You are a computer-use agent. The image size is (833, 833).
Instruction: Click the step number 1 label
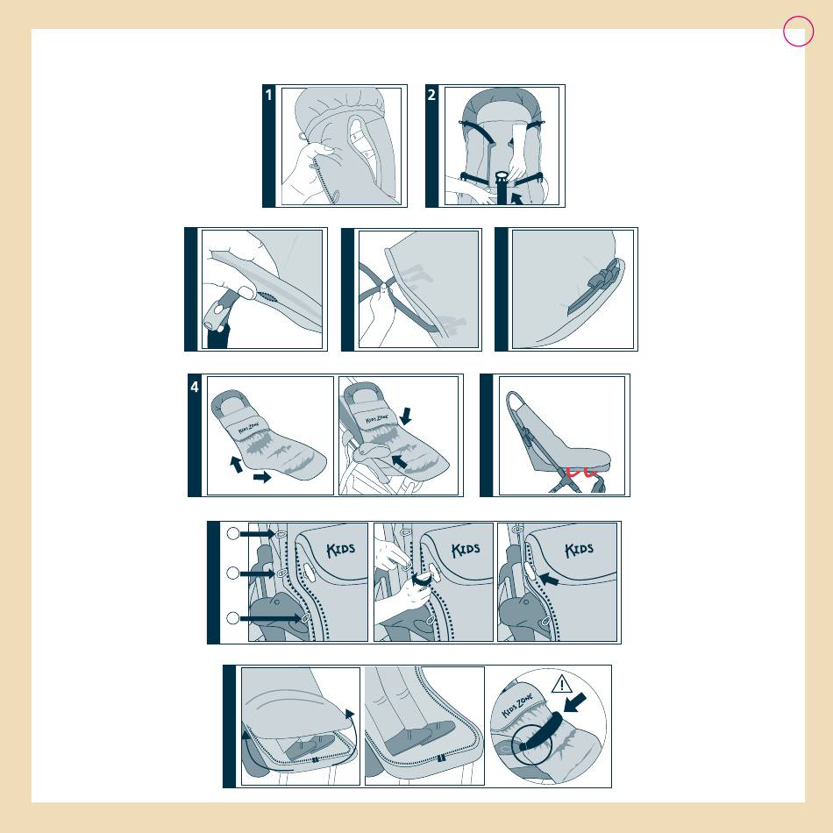tap(269, 95)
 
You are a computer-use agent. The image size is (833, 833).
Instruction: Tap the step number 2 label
tap(431, 95)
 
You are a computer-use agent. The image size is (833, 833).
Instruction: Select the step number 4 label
tap(195, 387)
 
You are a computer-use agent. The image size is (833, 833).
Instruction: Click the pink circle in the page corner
tap(799, 32)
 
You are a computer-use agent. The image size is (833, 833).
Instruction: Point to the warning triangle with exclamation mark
tap(561, 684)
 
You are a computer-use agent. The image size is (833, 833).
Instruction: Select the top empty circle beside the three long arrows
tap(232, 533)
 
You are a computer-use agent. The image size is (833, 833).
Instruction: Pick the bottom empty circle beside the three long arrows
tap(232, 618)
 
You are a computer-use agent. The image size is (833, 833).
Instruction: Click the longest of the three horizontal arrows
tap(270, 618)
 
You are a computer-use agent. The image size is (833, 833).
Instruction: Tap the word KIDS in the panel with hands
tap(466, 549)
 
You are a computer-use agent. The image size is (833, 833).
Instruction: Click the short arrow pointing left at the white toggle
tap(549, 579)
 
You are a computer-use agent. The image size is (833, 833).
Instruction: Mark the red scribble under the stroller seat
tap(582, 471)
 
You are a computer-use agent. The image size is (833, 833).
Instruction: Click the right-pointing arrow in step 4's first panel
tap(262, 477)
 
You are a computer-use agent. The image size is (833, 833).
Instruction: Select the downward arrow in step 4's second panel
tap(405, 416)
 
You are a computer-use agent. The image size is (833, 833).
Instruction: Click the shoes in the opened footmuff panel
tap(310, 746)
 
